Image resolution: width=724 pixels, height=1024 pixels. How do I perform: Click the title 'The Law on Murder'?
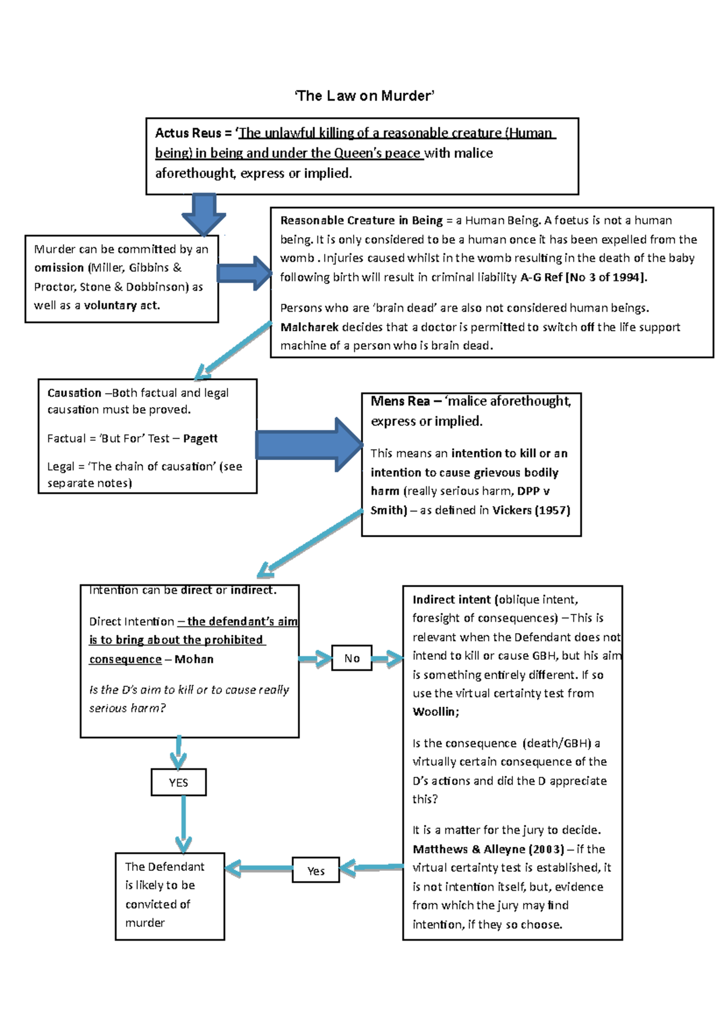pyautogui.click(x=364, y=96)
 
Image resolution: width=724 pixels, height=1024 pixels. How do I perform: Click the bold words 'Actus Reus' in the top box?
pyautogui.click(x=188, y=133)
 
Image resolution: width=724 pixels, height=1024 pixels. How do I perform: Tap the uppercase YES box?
pyautogui.click(x=179, y=783)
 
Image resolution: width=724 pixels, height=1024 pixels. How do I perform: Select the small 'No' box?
pyautogui.click(x=352, y=659)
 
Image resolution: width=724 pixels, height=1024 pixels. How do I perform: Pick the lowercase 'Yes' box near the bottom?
pyautogui.click(x=316, y=871)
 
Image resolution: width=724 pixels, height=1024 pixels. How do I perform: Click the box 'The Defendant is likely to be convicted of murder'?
pyautogui.click(x=170, y=896)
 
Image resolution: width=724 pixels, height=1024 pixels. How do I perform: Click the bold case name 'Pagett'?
pyautogui.click(x=200, y=439)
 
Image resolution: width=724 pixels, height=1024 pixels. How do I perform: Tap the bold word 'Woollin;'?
pyautogui.click(x=436, y=712)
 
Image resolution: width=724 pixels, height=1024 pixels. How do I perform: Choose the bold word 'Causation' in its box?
pyautogui.click(x=74, y=393)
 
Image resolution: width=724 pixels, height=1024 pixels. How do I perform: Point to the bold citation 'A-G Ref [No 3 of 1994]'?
pyautogui.click(x=583, y=277)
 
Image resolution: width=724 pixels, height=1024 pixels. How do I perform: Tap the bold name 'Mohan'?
pyautogui.click(x=194, y=660)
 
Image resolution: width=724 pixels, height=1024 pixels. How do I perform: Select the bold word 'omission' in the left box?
pyautogui.click(x=59, y=268)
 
